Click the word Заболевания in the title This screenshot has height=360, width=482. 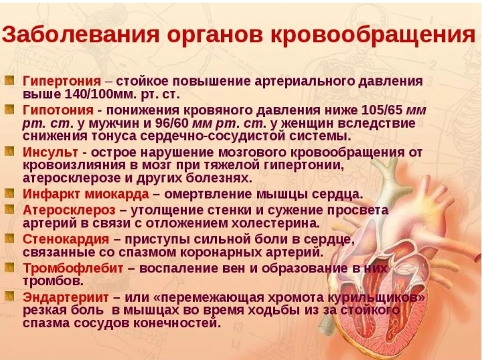point(80,34)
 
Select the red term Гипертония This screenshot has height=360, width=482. point(62,82)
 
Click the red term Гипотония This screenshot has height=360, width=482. point(58,110)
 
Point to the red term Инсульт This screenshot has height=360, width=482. point(50,152)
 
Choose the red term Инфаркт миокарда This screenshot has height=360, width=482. point(86,194)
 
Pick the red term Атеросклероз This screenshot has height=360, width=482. point(69,210)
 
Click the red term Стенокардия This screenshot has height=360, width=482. point(66,239)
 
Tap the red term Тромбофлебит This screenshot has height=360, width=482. point(73,268)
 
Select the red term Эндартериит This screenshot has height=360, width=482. point(66,297)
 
